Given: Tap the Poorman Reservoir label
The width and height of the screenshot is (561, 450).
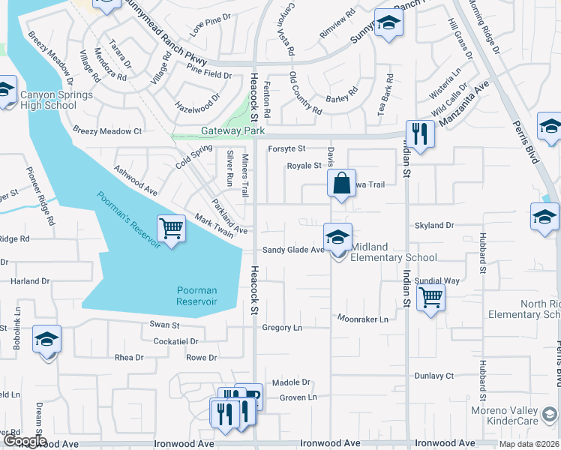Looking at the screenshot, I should point(196,295).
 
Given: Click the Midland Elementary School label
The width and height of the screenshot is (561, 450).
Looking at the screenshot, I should point(394,257).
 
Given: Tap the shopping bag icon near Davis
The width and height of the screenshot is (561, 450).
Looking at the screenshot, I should point(341,184).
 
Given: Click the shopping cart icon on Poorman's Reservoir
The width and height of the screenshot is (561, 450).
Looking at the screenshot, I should point(172,228).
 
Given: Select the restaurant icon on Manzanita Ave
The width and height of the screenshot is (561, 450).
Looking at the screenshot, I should point(420,134).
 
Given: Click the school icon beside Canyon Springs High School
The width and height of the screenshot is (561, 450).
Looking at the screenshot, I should point(6,91).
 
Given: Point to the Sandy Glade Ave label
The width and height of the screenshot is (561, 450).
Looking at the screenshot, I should point(292,250).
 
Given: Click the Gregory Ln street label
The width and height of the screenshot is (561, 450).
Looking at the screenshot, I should point(282,328).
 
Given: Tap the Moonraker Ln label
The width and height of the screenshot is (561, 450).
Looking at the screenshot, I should point(362,319).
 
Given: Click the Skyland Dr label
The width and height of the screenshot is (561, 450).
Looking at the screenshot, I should point(434,225).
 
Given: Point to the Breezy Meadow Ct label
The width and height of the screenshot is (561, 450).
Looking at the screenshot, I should point(107,130).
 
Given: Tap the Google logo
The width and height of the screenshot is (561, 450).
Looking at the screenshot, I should point(23,442).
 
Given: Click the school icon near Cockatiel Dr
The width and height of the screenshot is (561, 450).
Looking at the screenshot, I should point(46,340).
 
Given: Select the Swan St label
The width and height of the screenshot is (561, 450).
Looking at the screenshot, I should point(164,325).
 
